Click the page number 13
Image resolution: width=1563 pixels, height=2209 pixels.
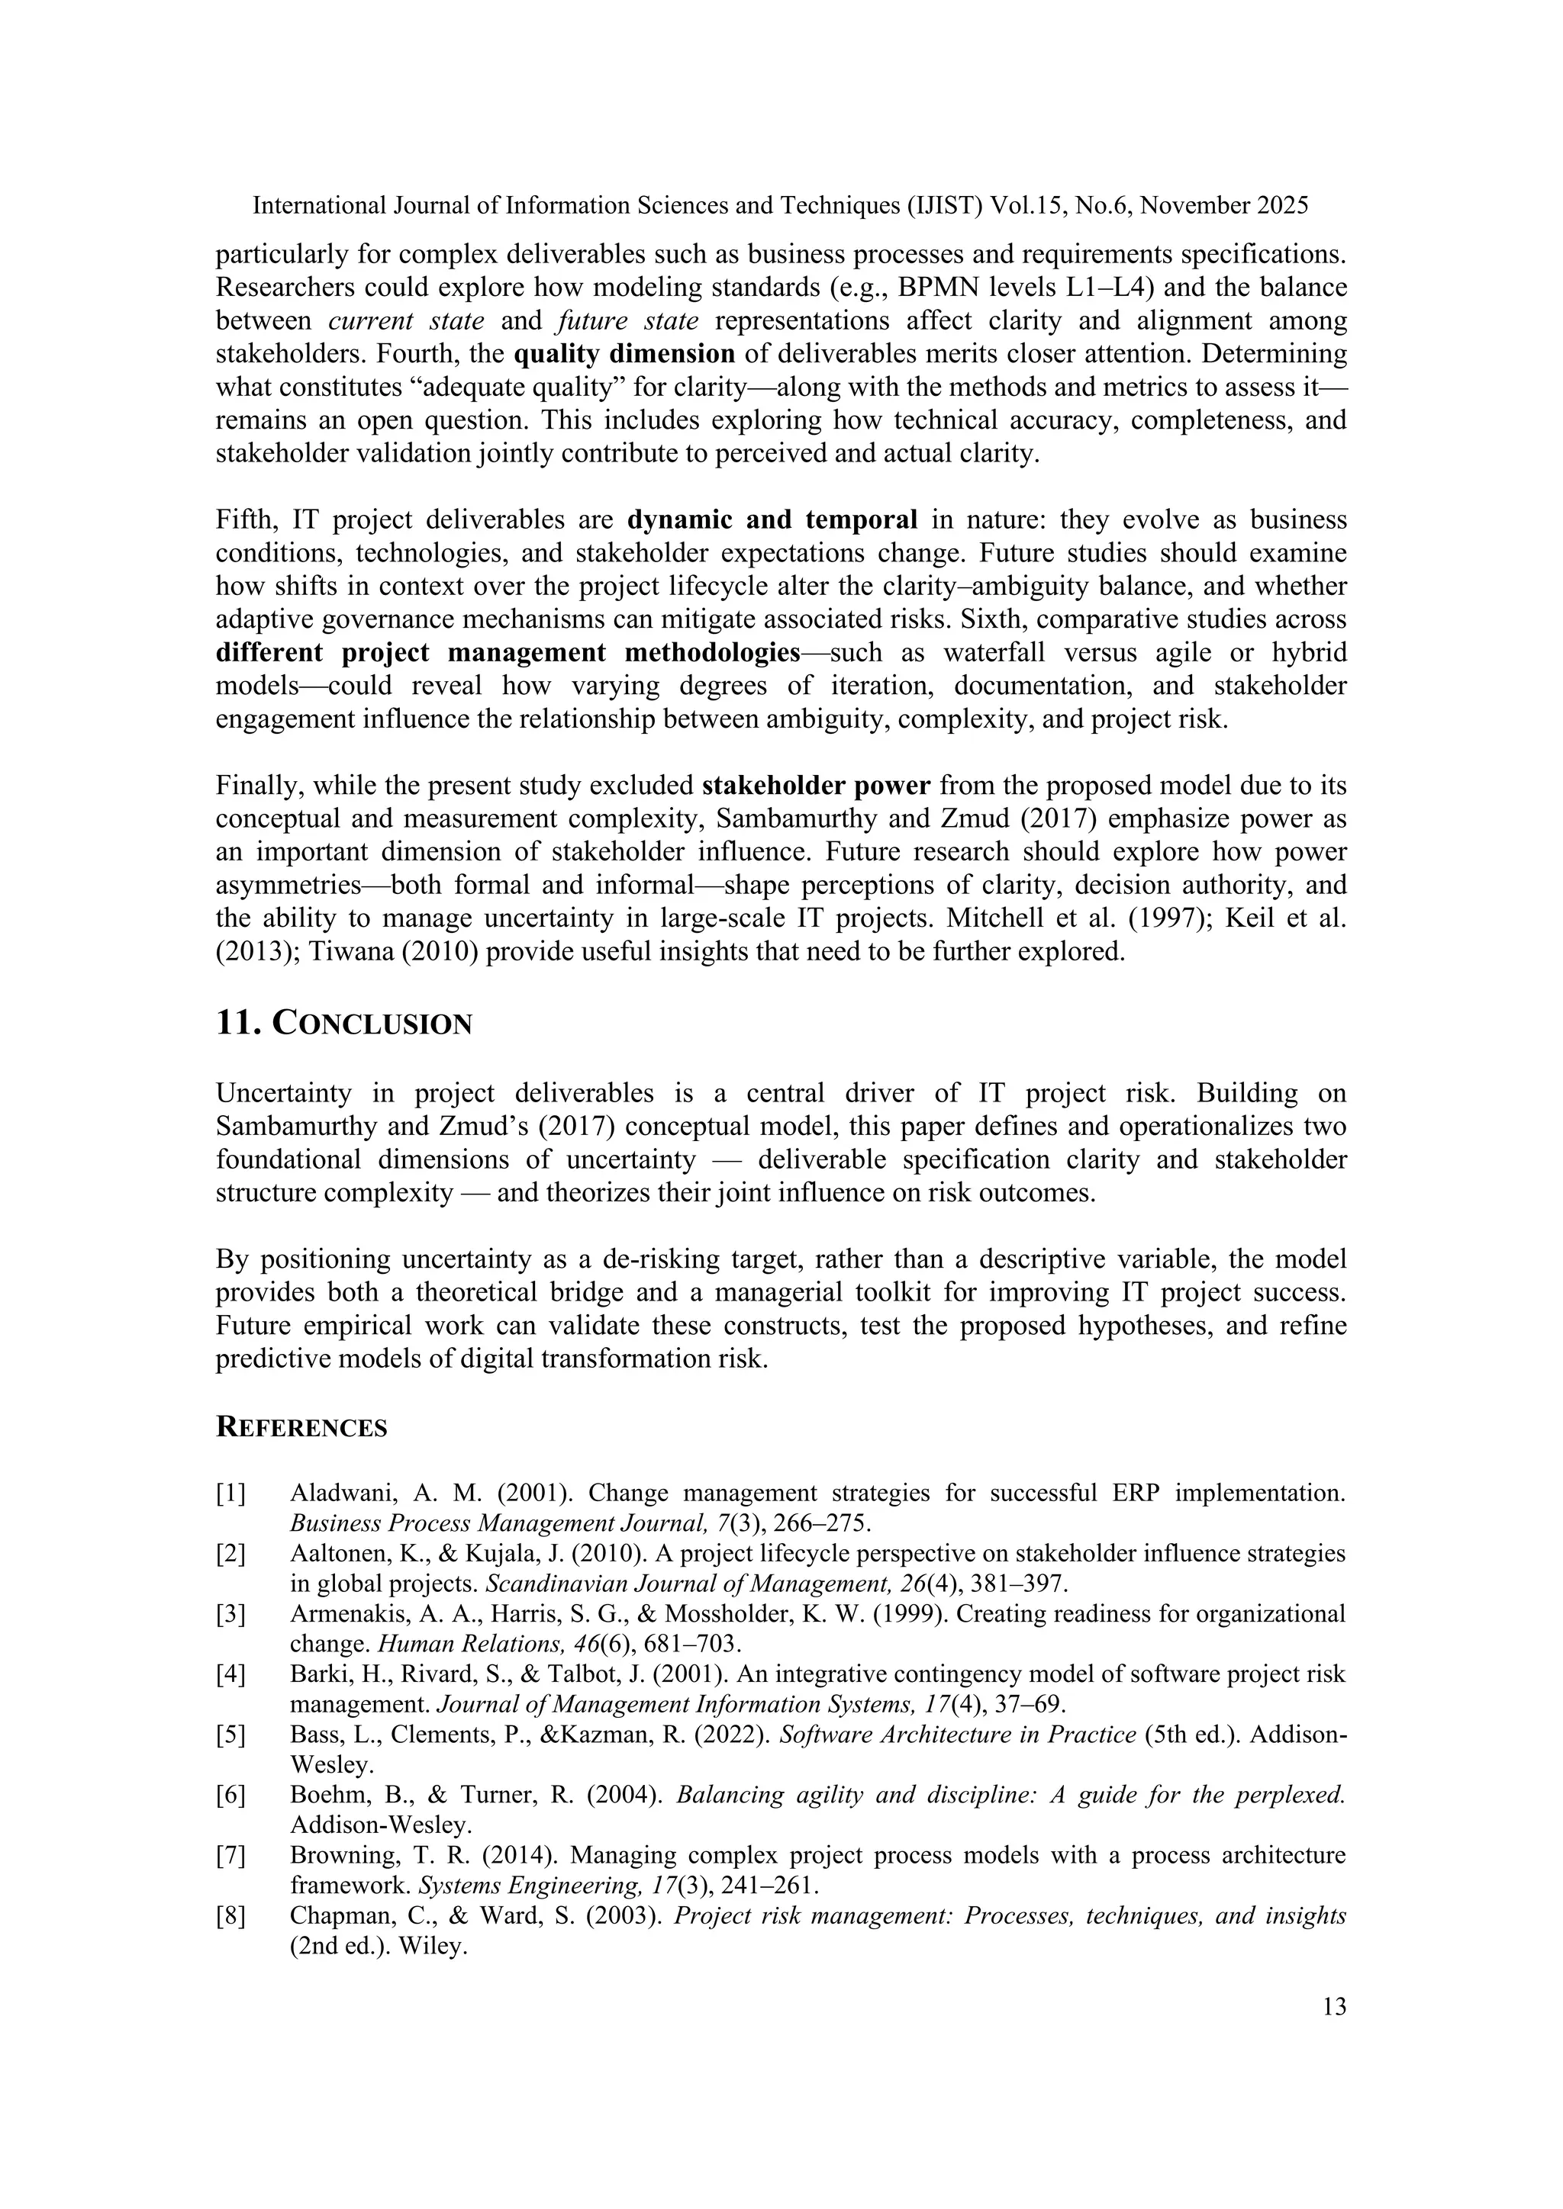pos(1334,2007)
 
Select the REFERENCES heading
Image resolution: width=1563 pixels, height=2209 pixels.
pos(301,1428)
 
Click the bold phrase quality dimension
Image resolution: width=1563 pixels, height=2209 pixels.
pos(624,354)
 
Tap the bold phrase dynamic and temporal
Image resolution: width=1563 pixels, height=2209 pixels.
pos(772,519)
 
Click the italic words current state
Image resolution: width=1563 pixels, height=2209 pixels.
pos(413,321)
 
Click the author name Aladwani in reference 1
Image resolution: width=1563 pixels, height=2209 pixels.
pos(333,1494)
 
